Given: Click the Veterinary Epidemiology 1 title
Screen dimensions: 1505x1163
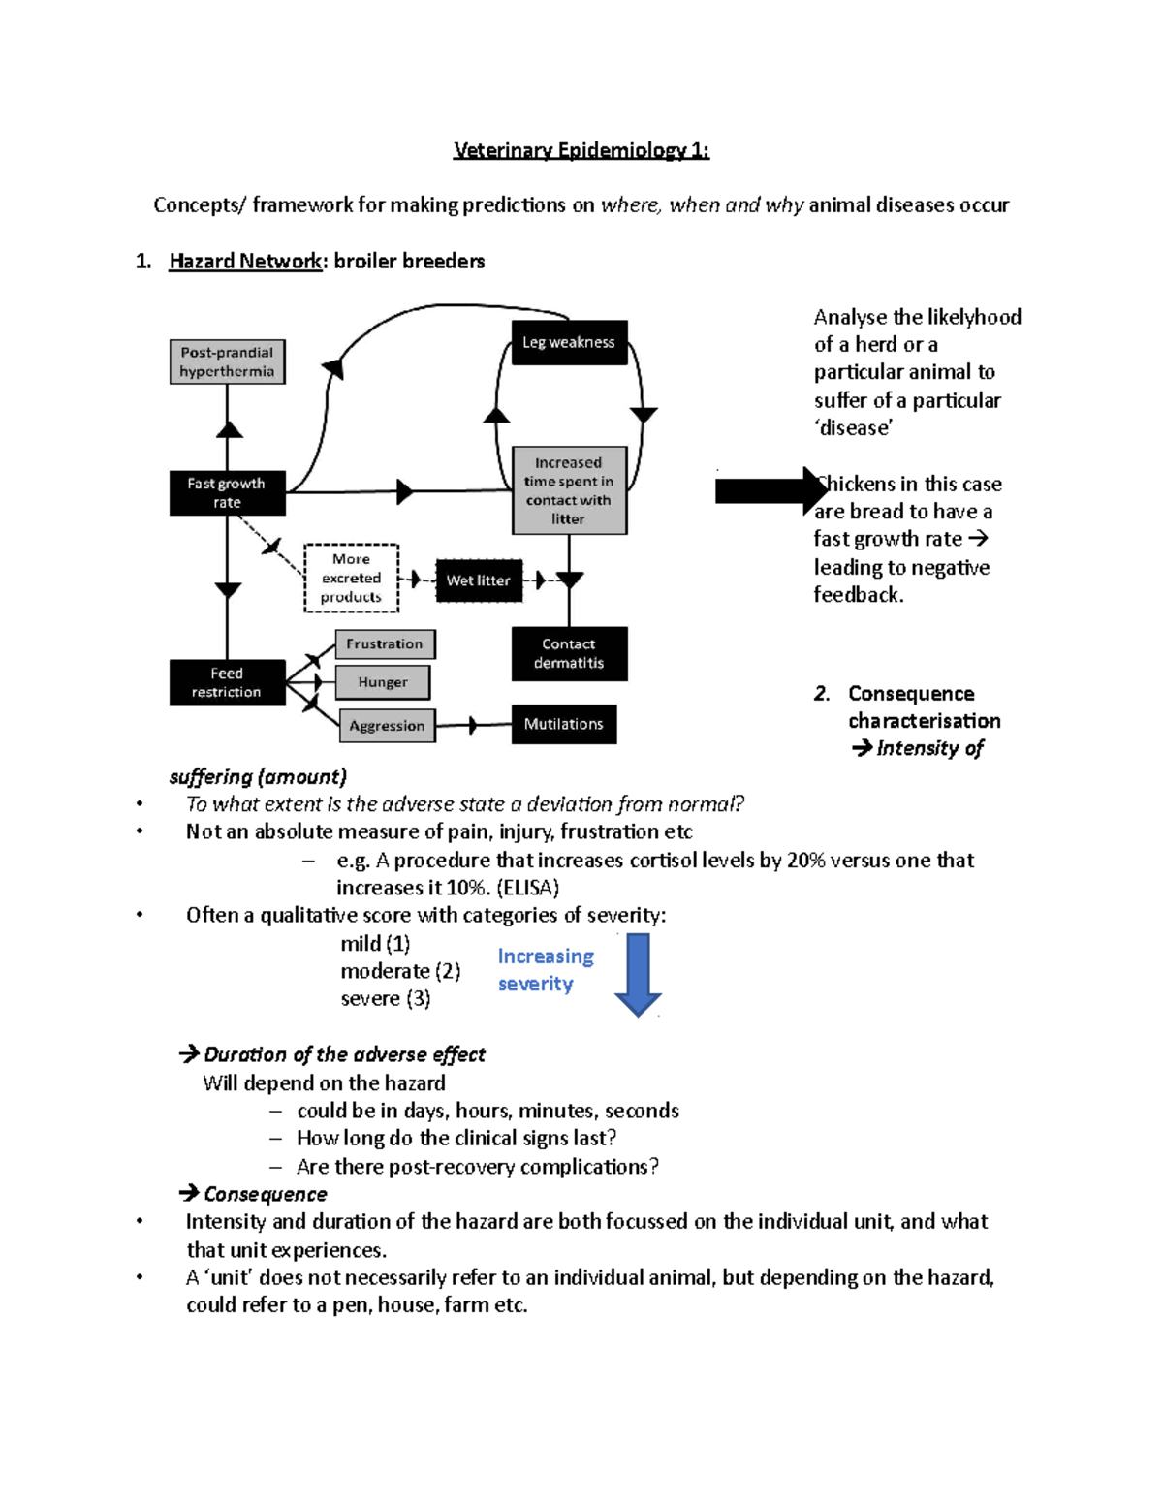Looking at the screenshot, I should pyautogui.click(x=581, y=150).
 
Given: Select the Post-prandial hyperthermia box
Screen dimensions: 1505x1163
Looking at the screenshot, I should pyautogui.click(x=227, y=361).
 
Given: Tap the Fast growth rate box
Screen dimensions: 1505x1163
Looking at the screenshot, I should pyautogui.click(x=227, y=492).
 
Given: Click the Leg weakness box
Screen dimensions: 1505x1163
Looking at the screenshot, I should pyautogui.click(x=569, y=342).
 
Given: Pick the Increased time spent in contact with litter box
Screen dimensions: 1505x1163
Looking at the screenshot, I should pyautogui.click(x=569, y=490).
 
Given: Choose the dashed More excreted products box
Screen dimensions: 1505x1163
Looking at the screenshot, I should pyautogui.click(x=351, y=578).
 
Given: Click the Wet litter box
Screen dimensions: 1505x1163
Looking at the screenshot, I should pyautogui.click(x=479, y=580).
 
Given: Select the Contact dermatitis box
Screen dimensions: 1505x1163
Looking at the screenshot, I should pyautogui.click(x=569, y=653).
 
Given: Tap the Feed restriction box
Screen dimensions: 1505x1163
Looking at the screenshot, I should pyautogui.click(x=227, y=682).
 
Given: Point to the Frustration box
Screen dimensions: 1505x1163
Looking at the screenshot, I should pyautogui.click(x=385, y=643).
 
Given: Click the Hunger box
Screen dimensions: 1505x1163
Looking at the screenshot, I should pyautogui.click(x=383, y=682).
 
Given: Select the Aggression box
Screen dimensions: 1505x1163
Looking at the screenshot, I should pyautogui.click(x=387, y=725).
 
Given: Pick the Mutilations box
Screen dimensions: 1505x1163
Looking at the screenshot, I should pyautogui.click(x=564, y=724).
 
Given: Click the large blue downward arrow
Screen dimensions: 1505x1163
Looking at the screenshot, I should pyautogui.click(x=638, y=974).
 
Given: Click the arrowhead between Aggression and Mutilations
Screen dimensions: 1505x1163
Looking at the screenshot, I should pyautogui.click(x=473, y=725).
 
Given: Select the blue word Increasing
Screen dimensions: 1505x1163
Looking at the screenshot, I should pyautogui.click(x=546, y=956).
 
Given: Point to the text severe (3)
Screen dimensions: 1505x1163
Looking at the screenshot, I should pyautogui.click(x=386, y=998).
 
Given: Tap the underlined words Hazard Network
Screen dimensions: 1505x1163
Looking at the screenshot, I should pyautogui.click(x=245, y=261).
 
